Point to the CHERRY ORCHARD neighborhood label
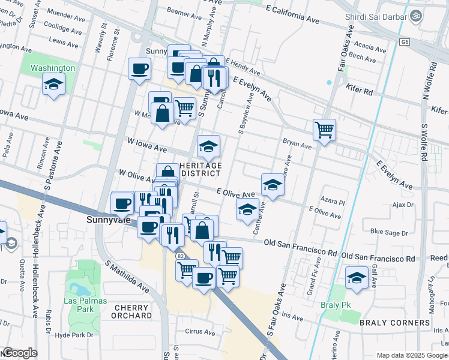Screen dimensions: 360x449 [131, 311]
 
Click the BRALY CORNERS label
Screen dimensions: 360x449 [394, 323]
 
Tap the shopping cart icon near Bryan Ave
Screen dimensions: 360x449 [324, 129]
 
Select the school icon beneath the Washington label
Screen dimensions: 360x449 [53, 84]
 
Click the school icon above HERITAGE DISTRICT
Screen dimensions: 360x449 [208, 146]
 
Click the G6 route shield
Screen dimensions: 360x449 [406, 42]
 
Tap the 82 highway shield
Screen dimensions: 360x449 [180, 256]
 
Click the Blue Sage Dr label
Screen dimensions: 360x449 [389, 232]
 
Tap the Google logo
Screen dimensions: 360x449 [20, 353]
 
